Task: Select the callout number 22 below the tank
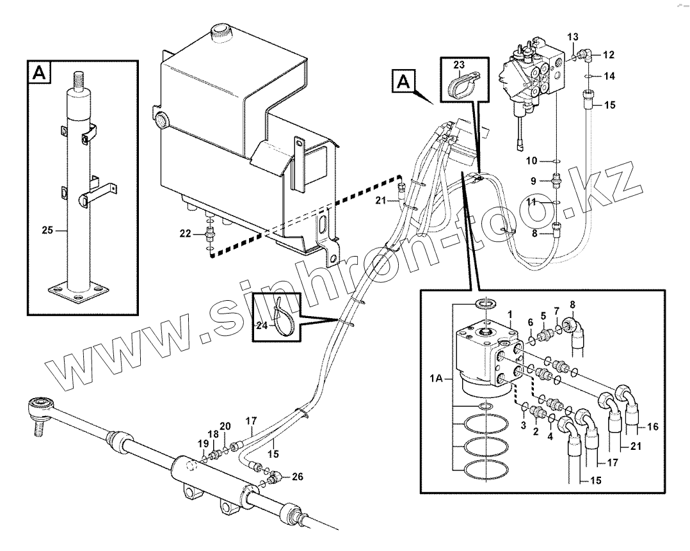click(185, 234)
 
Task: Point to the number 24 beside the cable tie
click(262, 324)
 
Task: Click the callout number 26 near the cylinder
click(297, 476)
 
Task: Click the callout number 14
click(609, 76)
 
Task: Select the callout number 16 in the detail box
click(652, 426)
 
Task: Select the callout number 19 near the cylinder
click(203, 443)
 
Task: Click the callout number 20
click(225, 427)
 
